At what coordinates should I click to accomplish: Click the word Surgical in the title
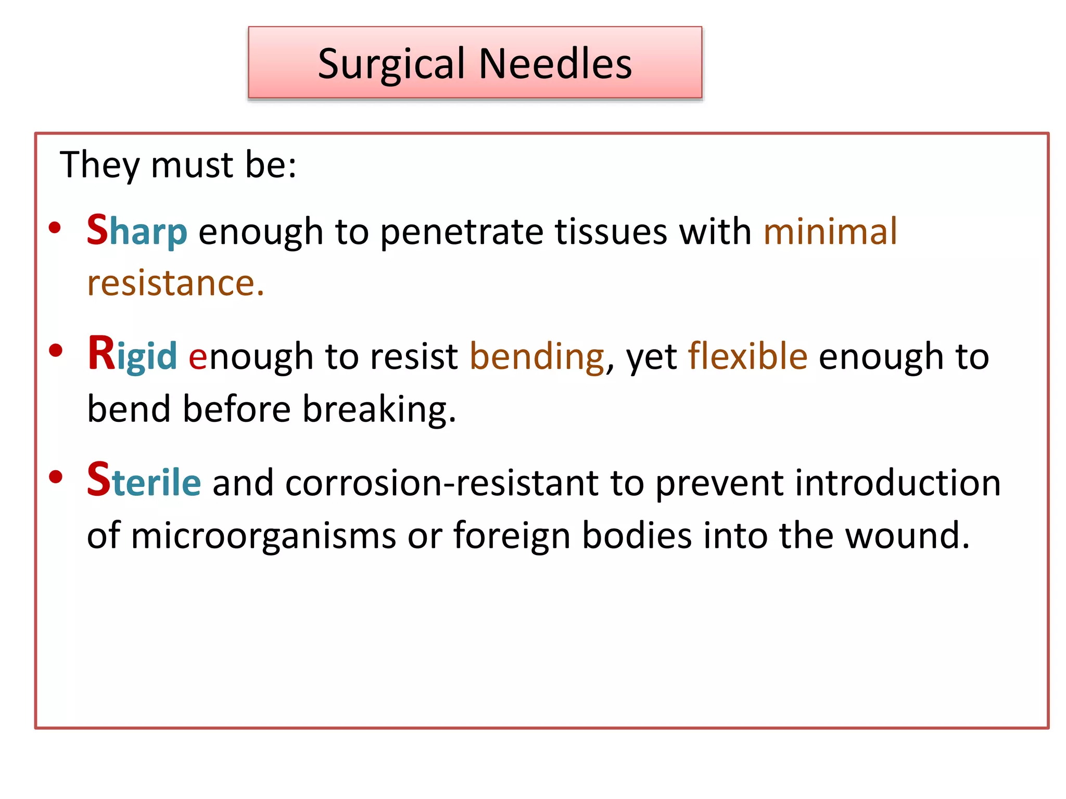(x=391, y=64)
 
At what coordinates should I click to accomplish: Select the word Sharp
(x=136, y=231)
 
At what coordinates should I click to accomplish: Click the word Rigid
(x=132, y=355)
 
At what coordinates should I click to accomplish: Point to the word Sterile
(x=144, y=481)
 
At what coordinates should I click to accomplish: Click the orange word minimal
(x=830, y=231)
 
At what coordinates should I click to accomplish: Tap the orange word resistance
(x=175, y=283)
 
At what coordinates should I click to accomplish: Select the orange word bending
(x=537, y=357)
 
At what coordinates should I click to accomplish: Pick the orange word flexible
(x=747, y=356)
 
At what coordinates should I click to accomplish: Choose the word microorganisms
(x=263, y=536)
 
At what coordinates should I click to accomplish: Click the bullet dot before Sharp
(x=55, y=228)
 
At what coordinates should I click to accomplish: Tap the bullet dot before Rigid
(x=55, y=351)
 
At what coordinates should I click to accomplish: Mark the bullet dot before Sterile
(x=55, y=476)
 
